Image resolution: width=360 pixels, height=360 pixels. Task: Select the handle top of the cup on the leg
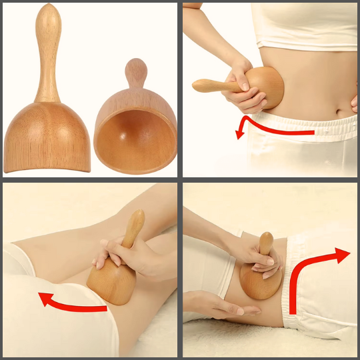pos(137,218)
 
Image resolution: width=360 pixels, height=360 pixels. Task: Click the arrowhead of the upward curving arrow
pos(343,255)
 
